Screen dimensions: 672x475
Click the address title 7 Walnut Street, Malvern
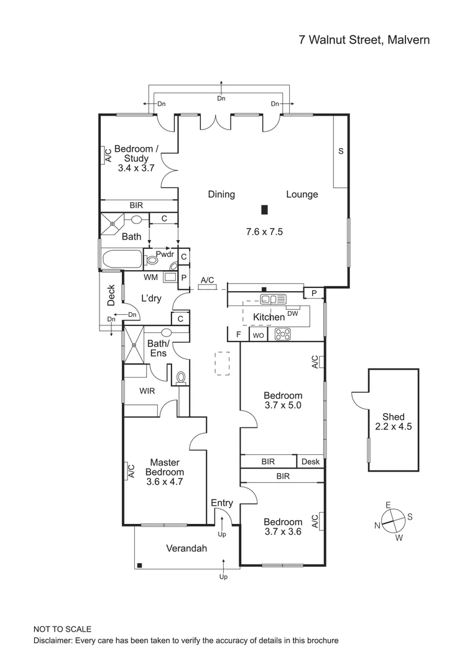364,40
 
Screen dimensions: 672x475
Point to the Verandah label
186,548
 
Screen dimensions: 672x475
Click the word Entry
222,503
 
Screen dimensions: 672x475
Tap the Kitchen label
269,317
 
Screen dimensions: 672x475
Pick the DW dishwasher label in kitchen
293,313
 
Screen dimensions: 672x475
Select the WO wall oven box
257,335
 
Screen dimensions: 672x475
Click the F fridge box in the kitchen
238,335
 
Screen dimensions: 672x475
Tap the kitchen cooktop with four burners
283,335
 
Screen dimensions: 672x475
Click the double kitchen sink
273,299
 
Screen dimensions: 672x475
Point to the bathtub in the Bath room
123,259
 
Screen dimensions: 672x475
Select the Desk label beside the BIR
310,462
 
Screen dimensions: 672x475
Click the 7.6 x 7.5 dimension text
264,231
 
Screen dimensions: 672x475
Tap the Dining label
221,194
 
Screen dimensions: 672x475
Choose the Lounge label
302,194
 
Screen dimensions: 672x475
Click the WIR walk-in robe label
147,391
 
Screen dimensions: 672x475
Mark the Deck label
111,296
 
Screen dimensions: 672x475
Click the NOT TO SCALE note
62,629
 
